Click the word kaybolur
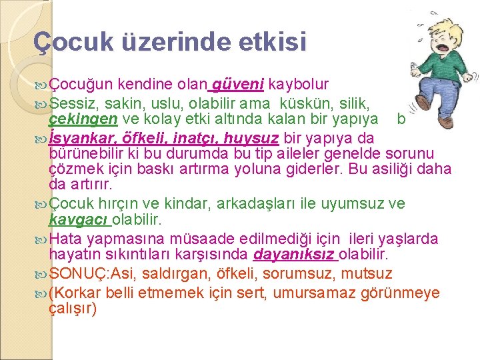pos(298,85)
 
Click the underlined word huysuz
pos(251,139)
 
